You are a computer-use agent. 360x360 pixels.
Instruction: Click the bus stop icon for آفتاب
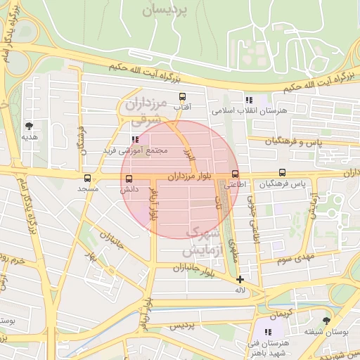183,97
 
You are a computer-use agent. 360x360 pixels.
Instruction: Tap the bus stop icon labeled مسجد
87,179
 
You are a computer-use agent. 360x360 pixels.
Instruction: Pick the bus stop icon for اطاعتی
235,174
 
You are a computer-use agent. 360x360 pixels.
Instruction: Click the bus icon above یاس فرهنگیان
282,172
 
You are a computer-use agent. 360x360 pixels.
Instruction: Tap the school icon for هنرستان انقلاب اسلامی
248,101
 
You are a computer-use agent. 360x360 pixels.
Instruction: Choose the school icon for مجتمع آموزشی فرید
135,139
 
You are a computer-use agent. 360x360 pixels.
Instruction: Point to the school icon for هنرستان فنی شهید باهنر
267,332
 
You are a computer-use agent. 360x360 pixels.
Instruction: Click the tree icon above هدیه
29,126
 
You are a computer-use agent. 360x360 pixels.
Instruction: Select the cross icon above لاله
240,279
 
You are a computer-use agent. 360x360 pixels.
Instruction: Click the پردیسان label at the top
166,10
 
